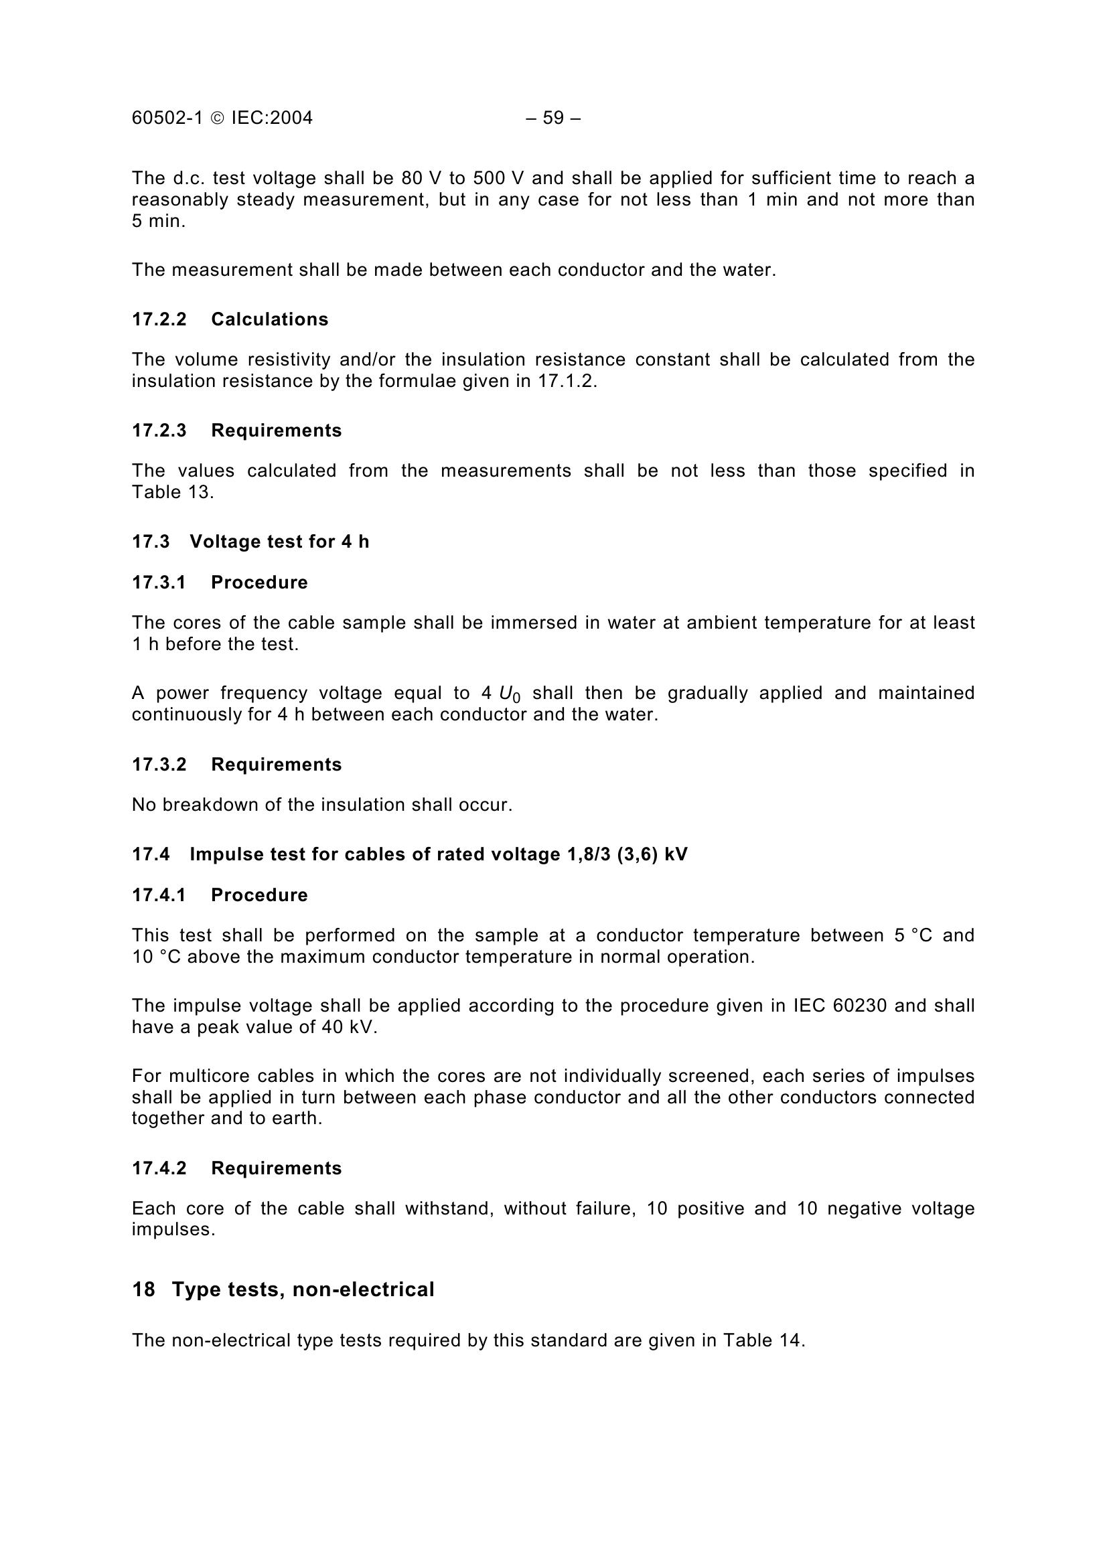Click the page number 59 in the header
click(x=553, y=118)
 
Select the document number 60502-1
click(x=167, y=118)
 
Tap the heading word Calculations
click(x=269, y=319)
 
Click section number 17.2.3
click(x=159, y=430)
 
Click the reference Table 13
click(x=172, y=492)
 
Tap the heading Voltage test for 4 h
click(x=279, y=542)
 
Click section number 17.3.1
click(x=159, y=582)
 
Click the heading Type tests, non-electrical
click(x=302, y=1289)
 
